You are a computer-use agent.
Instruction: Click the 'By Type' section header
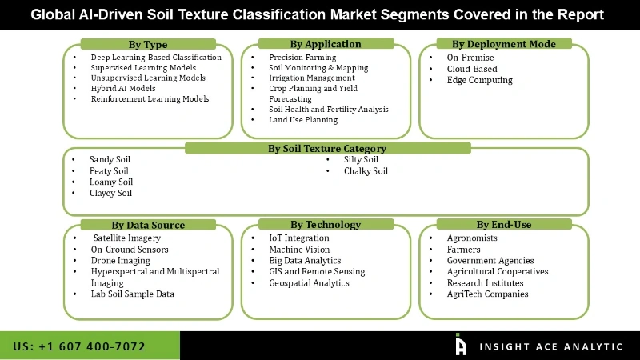click(x=148, y=45)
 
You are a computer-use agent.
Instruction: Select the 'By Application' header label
click(x=326, y=44)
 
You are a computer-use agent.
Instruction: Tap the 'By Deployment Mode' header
click(x=504, y=44)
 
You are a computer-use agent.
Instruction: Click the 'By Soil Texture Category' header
click(x=326, y=148)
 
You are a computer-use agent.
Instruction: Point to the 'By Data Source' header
click(x=148, y=225)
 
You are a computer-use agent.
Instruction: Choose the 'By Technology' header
click(x=326, y=225)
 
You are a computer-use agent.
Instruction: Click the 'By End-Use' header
click(x=504, y=225)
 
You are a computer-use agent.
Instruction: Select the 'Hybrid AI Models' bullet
click(x=122, y=89)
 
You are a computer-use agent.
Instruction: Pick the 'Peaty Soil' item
click(x=109, y=171)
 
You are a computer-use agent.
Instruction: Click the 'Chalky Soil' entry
click(x=366, y=171)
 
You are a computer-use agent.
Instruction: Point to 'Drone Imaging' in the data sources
click(x=120, y=261)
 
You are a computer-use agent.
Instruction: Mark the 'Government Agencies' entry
click(x=490, y=261)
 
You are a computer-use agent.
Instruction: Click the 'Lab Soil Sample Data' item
click(x=133, y=294)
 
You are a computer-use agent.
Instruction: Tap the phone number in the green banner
click(x=79, y=346)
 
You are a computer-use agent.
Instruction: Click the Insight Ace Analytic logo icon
click(x=461, y=345)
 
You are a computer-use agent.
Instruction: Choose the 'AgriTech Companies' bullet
click(x=488, y=294)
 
